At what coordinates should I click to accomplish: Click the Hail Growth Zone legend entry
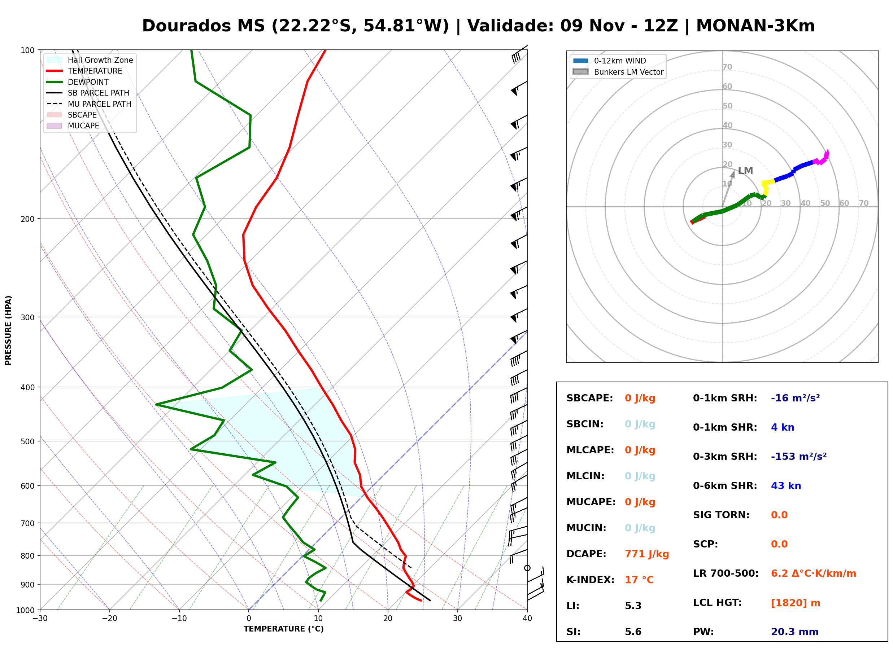(x=90, y=60)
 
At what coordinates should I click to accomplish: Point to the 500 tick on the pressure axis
(x=27, y=441)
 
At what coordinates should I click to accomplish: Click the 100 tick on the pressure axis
(x=27, y=50)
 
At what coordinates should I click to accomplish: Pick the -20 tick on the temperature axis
(x=109, y=619)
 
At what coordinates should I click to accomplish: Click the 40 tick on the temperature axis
(x=527, y=619)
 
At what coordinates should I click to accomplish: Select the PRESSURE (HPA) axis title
(x=8, y=330)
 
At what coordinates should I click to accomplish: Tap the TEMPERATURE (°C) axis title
(x=284, y=629)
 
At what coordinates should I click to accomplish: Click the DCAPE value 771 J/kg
(x=647, y=554)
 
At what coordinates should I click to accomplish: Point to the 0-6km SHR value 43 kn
(x=786, y=486)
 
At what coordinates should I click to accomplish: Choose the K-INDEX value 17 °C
(x=639, y=580)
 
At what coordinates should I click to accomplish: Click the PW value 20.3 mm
(x=795, y=632)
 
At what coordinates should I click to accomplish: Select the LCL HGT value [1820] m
(x=796, y=603)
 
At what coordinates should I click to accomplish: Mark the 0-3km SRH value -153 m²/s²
(x=799, y=456)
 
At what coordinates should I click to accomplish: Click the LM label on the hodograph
(x=745, y=171)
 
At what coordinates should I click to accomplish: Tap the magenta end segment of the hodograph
(x=822, y=158)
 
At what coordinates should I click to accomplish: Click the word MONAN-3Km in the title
(x=755, y=26)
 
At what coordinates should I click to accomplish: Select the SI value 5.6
(x=633, y=632)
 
